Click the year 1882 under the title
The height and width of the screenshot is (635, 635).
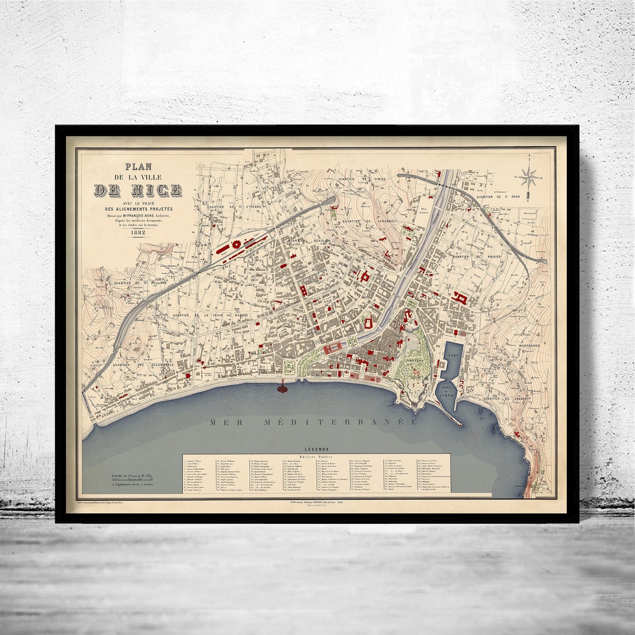click(x=139, y=232)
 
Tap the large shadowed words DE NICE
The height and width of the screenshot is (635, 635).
click(x=138, y=190)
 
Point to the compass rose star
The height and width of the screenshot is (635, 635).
click(x=528, y=177)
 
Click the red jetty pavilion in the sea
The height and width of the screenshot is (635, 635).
click(x=283, y=388)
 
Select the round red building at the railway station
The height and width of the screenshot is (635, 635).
click(x=236, y=244)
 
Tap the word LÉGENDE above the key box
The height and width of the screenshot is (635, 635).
click(x=317, y=449)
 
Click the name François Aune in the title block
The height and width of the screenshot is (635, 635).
click(x=145, y=216)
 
